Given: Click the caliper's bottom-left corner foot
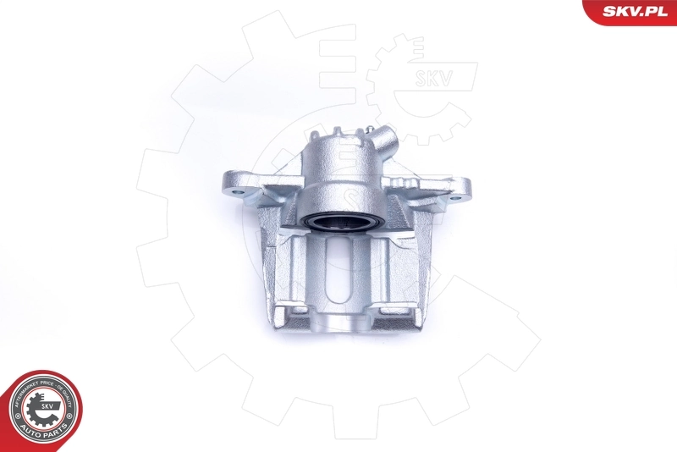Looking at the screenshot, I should point(284,319).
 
